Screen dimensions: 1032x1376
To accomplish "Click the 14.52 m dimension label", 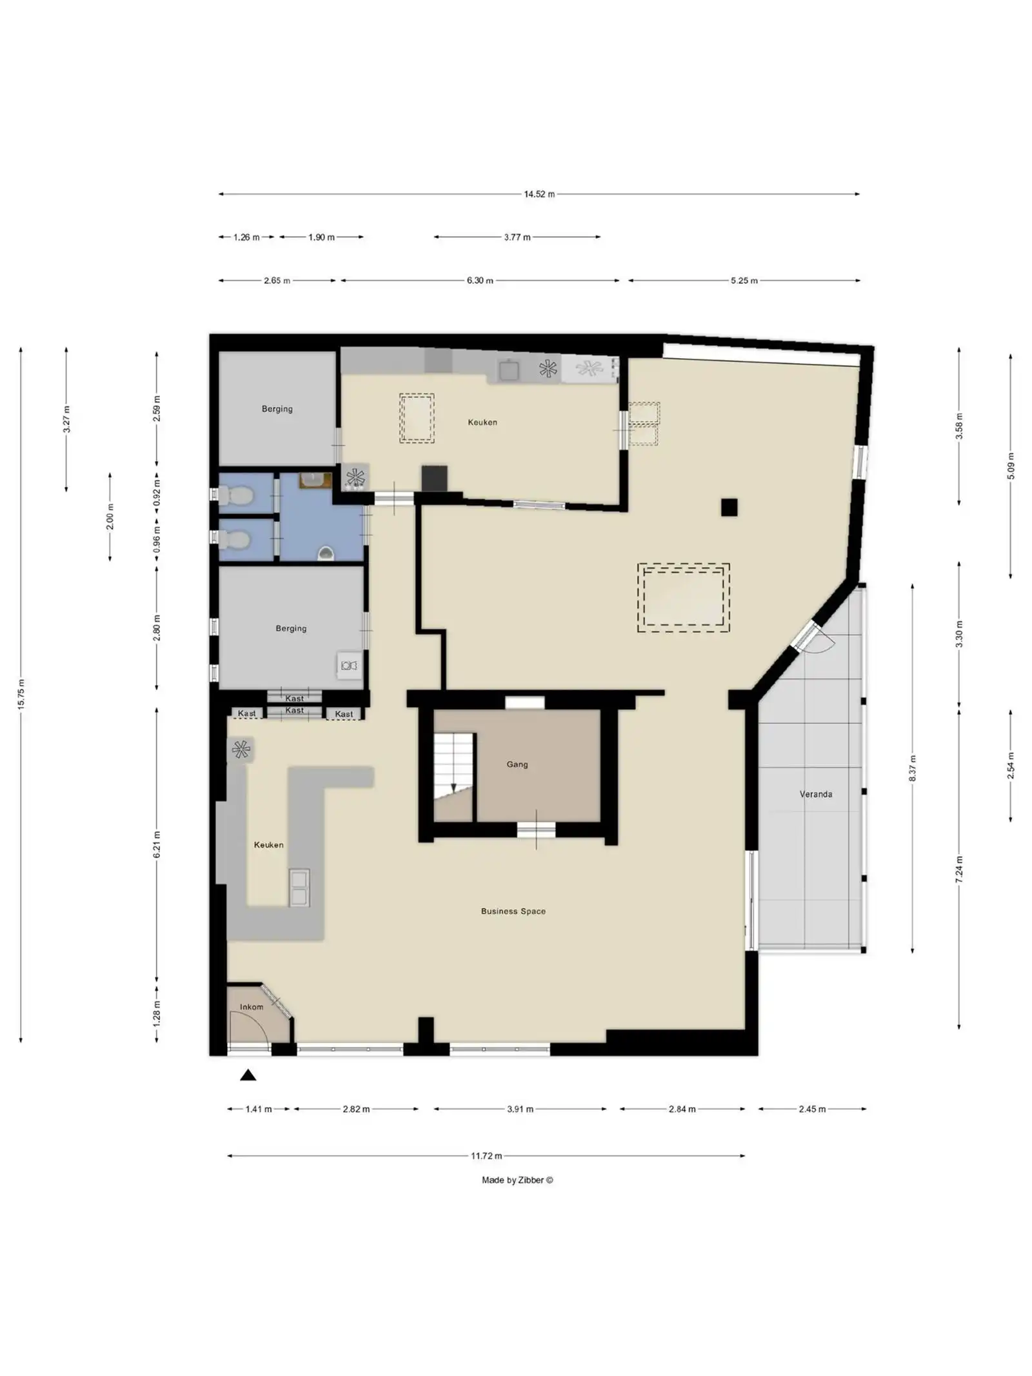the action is point(539,194).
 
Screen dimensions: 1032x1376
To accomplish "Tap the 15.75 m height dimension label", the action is point(21,695).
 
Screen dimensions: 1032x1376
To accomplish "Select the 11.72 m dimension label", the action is point(486,1155).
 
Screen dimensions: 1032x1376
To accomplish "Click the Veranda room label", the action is point(815,794).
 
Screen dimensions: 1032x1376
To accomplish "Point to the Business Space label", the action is point(513,911).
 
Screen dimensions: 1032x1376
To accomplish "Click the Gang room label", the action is point(517,764).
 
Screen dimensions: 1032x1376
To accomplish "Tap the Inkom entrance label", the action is point(251,1006).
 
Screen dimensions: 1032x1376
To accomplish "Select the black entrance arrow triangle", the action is point(248,1075).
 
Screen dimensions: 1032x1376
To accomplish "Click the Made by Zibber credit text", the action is point(517,1180).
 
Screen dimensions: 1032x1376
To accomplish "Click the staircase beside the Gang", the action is point(454,777).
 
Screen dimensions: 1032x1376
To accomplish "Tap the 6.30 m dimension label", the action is point(480,281).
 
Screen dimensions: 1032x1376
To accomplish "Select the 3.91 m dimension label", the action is point(520,1109).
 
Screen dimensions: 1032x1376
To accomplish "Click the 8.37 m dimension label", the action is point(912,768).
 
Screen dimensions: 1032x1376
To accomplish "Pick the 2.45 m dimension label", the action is point(812,1109).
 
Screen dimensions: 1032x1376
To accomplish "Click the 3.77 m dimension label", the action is point(517,237).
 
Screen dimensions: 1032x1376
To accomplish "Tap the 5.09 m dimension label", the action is point(1011,466).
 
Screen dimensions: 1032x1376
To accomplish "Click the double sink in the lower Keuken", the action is point(299,888).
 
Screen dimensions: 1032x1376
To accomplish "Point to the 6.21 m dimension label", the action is point(156,844).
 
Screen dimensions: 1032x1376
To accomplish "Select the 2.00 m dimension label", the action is point(110,517).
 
